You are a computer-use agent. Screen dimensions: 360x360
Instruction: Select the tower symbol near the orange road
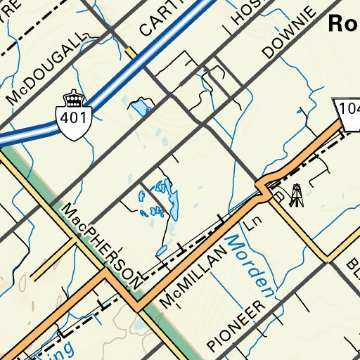[296, 195]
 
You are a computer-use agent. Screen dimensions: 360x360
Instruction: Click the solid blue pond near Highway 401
[139, 107]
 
